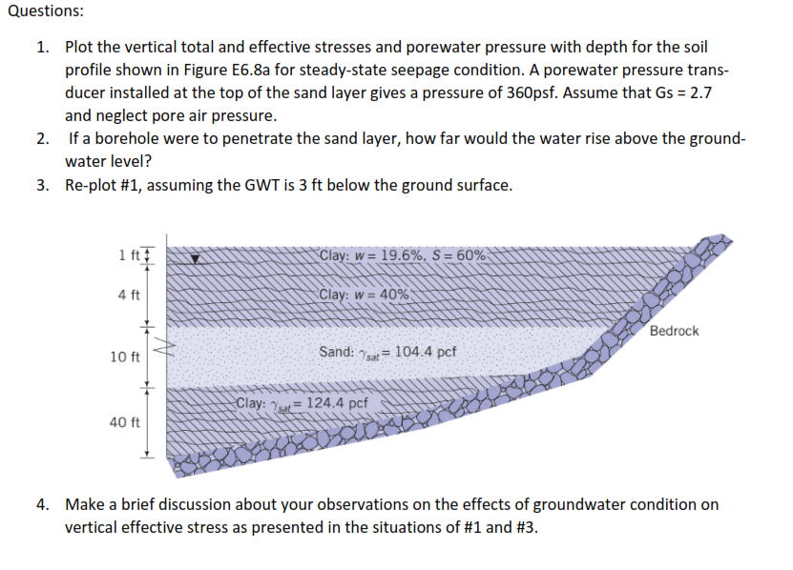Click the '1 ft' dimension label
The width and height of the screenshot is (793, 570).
(x=129, y=255)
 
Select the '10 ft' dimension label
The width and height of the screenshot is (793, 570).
(x=125, y=357)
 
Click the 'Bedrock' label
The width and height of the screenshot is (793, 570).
(x=674, y=331)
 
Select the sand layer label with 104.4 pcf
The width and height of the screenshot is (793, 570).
(x=387, y=352)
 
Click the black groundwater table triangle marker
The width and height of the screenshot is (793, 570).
(x=196, y=257)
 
